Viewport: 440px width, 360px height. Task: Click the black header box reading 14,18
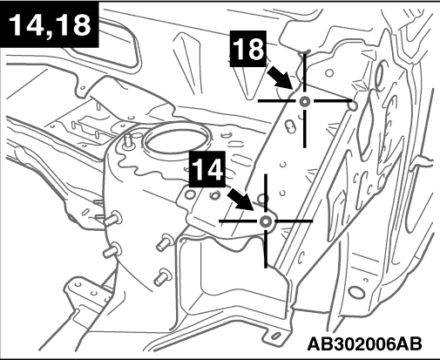point(50,24)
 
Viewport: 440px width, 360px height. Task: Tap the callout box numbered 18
point(248,49)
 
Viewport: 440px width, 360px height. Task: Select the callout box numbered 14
point(206,169)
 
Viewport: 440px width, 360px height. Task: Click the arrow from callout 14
point(240,199)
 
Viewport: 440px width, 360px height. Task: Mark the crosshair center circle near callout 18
point(305,101)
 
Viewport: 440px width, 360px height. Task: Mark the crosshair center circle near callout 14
point(266,221)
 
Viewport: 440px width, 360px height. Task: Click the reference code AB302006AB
point(364,344)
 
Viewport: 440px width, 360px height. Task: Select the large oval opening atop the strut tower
point(175,139)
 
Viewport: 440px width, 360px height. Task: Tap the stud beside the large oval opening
point(127,141)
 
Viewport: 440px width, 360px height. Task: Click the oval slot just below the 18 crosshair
point(290,126)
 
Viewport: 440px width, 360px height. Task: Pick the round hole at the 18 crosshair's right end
point(353,105)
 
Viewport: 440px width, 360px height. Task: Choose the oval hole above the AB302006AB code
point(356,293)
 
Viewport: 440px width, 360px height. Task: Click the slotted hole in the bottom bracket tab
point(276,336)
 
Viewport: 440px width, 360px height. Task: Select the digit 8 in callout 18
point(254,49)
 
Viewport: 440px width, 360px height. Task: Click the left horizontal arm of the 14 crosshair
point(238,221)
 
